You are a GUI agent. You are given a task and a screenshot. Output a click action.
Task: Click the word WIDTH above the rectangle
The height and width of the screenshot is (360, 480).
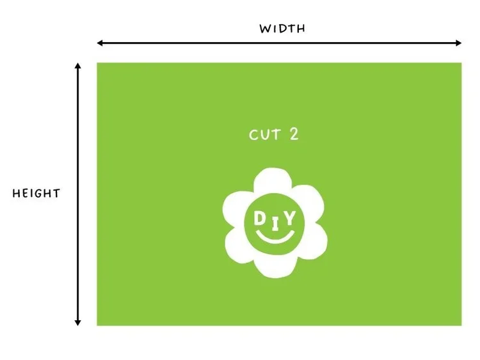(282, 28)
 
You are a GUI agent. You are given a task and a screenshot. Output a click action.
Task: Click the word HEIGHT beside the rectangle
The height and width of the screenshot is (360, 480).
(36, 193)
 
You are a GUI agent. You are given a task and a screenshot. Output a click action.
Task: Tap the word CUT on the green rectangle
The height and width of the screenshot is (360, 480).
(265, 134)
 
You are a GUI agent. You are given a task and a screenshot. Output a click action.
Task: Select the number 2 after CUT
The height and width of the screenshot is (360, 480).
(294, 134)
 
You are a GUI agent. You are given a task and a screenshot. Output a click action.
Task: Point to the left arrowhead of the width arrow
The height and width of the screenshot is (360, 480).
(99, 43)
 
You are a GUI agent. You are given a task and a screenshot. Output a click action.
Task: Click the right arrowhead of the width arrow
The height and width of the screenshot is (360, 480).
(459, 43)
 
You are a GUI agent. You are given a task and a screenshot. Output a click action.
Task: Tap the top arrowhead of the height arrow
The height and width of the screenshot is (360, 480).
(78, 66)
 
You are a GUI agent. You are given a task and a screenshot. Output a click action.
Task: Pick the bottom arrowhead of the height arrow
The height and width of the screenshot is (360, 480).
(78, 323)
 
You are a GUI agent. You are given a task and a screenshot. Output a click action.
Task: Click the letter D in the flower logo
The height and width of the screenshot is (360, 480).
(260, 219)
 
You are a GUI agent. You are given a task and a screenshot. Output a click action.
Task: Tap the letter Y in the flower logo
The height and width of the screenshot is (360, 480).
(290, 218)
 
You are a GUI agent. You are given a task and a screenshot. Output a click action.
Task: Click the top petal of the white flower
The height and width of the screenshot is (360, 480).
(273, 180)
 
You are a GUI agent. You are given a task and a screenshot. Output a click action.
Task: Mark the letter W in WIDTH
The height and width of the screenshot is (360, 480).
(265, 29)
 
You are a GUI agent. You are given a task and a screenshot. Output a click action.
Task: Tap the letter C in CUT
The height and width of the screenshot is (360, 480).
(254, 135)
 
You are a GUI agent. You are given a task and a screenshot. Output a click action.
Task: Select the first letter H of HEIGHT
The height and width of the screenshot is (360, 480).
(16, 193)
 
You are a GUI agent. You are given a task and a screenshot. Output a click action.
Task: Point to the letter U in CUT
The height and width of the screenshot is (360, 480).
(265, 135)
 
